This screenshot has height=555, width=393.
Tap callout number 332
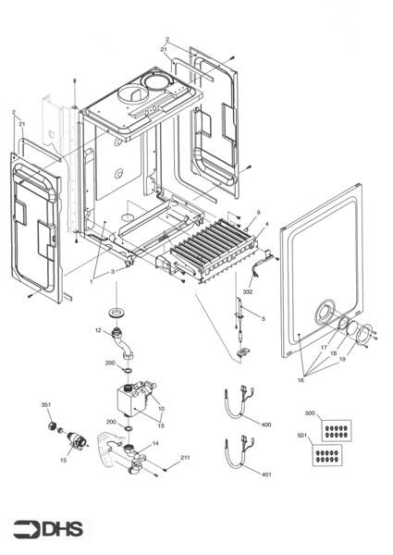(248, 291)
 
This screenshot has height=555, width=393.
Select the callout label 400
(266, 425)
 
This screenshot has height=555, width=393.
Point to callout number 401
(266, 475)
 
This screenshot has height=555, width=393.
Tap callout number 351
(45, 405)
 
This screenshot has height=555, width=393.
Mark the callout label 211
(185, 458)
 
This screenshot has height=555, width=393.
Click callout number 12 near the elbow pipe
(97, 330)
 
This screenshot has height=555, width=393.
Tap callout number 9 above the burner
(258, 213)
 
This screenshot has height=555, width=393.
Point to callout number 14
(154, 443)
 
